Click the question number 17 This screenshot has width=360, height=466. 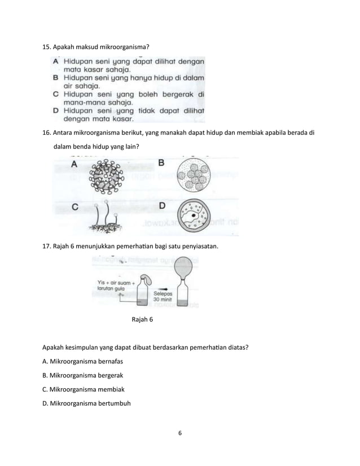point(47,247)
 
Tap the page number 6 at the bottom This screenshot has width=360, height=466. point(179,433)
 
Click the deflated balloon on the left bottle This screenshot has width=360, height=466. point(146,280)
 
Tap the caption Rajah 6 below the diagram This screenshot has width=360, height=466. point(142,320)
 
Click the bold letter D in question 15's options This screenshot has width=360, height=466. point(56,111)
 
